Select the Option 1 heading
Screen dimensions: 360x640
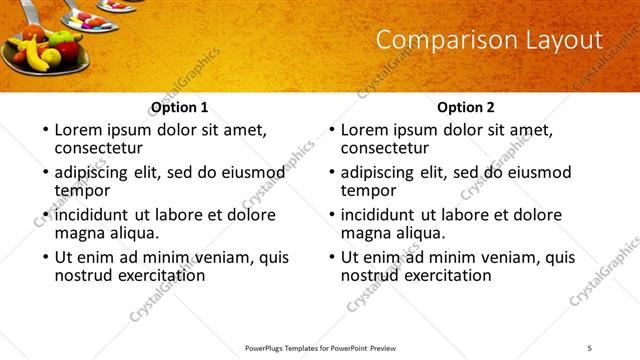click(180, 107)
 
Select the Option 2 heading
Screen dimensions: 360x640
click(466, 107)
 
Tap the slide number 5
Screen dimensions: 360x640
click(589, 347)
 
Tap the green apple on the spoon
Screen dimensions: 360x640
click(60, 37)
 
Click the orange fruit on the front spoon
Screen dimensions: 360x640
click(34, 34)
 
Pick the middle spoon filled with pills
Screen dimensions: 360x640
click(88, 20)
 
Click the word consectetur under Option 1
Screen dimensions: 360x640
click(99, 147)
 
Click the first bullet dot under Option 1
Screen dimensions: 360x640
click(45, 130)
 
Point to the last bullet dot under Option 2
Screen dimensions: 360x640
click(331, 257)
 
